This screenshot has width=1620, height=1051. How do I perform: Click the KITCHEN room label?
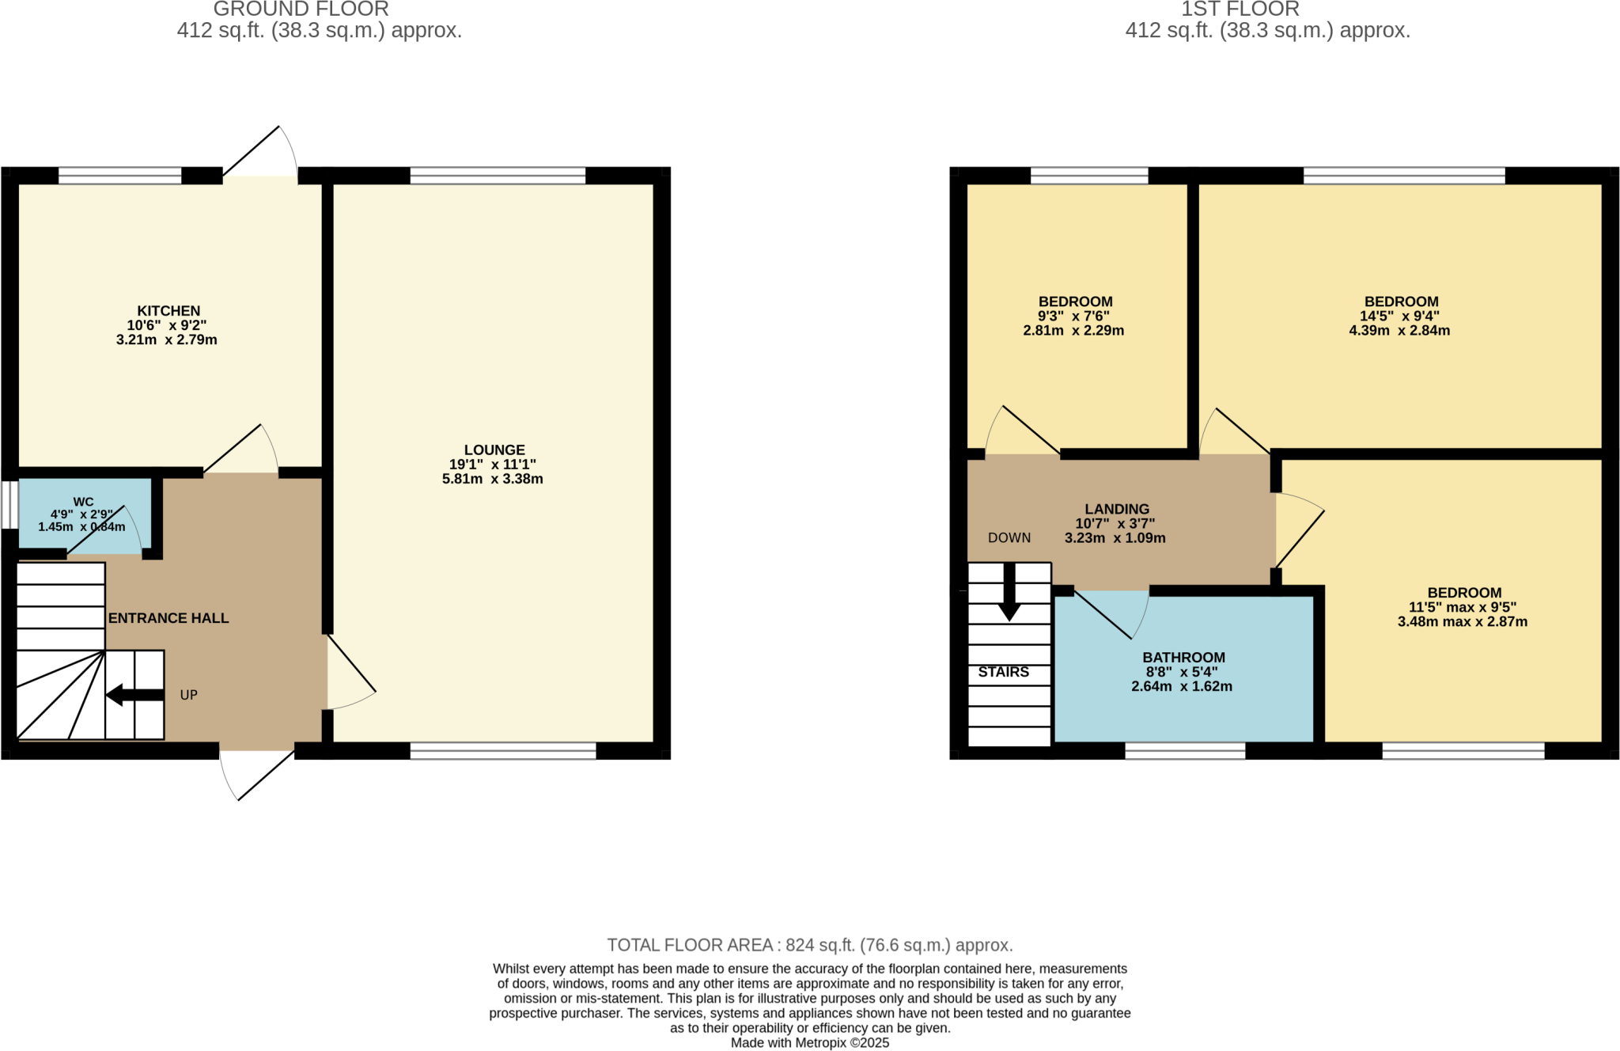coord(168,311)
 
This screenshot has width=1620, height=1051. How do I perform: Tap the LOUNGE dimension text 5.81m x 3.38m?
coord(492,479)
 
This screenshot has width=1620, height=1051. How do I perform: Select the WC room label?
coord(83,502)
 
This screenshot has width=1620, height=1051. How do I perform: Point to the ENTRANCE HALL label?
coord(168,618)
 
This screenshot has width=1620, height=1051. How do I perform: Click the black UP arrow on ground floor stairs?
coord(134,696)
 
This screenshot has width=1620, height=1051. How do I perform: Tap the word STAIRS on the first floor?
coord(1003,672)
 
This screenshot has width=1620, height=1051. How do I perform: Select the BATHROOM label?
coord(1183,658)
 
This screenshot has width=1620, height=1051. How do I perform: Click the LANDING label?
coord(1116,509)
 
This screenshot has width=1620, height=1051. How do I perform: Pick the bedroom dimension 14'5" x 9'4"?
coord(1399,316)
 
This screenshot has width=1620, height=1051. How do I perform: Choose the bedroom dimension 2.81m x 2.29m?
coord(1073,331)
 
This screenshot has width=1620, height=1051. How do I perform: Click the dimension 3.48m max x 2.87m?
coord(1462,622)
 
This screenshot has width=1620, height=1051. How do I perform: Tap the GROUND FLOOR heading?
coord(301,9)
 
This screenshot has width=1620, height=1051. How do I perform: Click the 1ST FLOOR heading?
coord(1240,9)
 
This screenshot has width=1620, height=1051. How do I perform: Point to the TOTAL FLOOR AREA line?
coord(809,945)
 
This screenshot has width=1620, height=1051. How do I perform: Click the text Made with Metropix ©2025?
coord(809,1043)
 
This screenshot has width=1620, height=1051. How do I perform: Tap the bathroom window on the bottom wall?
coord(1184,750)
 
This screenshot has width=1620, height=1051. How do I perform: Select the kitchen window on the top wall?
coord(119,175)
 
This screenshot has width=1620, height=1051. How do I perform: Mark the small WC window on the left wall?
coord(9,504)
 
